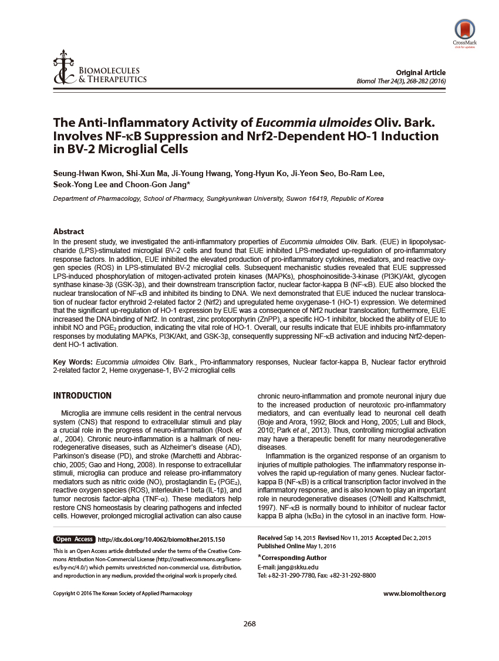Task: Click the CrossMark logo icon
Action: click(464, 29)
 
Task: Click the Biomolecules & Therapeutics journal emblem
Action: click(61, 71)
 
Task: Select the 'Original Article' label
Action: click(420, 72)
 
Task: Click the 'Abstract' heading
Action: click(69, 231)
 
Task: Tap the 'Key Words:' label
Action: click(73, 362)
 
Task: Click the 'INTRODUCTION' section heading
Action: click(82, 396)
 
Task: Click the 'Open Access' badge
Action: click(75, 539)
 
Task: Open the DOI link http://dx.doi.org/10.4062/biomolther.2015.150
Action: click(161, 539)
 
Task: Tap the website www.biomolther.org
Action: click(414, 593)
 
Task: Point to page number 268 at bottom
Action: click(249, 623)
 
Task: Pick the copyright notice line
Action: click(123, 593)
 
